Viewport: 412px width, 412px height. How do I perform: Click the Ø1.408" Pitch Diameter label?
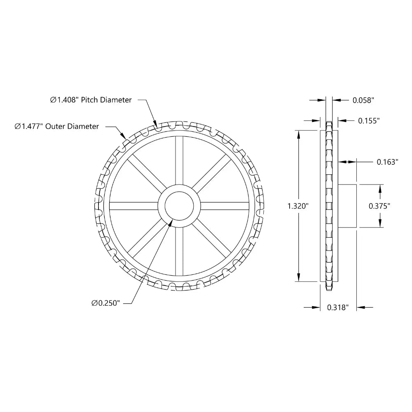91,100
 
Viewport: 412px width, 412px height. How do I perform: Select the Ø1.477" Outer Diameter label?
57,126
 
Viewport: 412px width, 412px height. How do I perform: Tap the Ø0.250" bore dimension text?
105,303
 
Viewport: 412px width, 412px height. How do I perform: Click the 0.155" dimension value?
368,120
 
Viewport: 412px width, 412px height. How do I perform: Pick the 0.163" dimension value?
387,162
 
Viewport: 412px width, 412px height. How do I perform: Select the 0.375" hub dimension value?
379,206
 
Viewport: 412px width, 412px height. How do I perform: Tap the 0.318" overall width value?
338,307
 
